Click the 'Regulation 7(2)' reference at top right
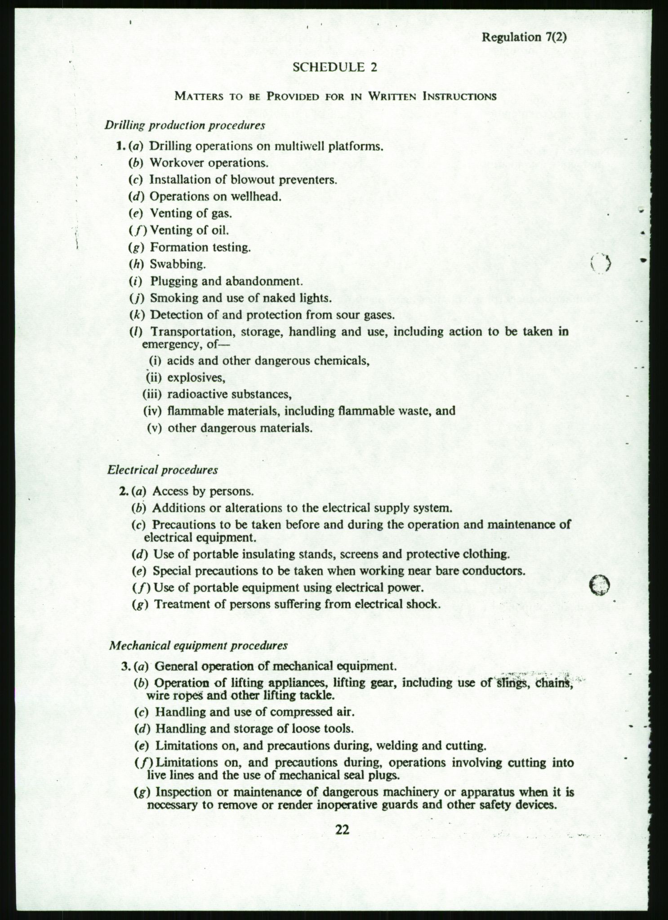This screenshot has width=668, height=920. (524, 37)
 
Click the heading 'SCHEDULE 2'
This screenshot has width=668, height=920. (334, 67)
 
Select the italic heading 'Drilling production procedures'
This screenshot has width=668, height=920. (185, 125)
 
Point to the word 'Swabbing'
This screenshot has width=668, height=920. (178, 264)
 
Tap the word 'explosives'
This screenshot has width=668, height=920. (196, 377)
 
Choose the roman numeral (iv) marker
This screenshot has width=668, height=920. (152, 411)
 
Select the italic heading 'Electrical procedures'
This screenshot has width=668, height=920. (163, 470)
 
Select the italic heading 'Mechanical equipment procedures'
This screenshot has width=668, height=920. (198, 646)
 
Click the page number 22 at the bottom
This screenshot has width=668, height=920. (342, 830)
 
